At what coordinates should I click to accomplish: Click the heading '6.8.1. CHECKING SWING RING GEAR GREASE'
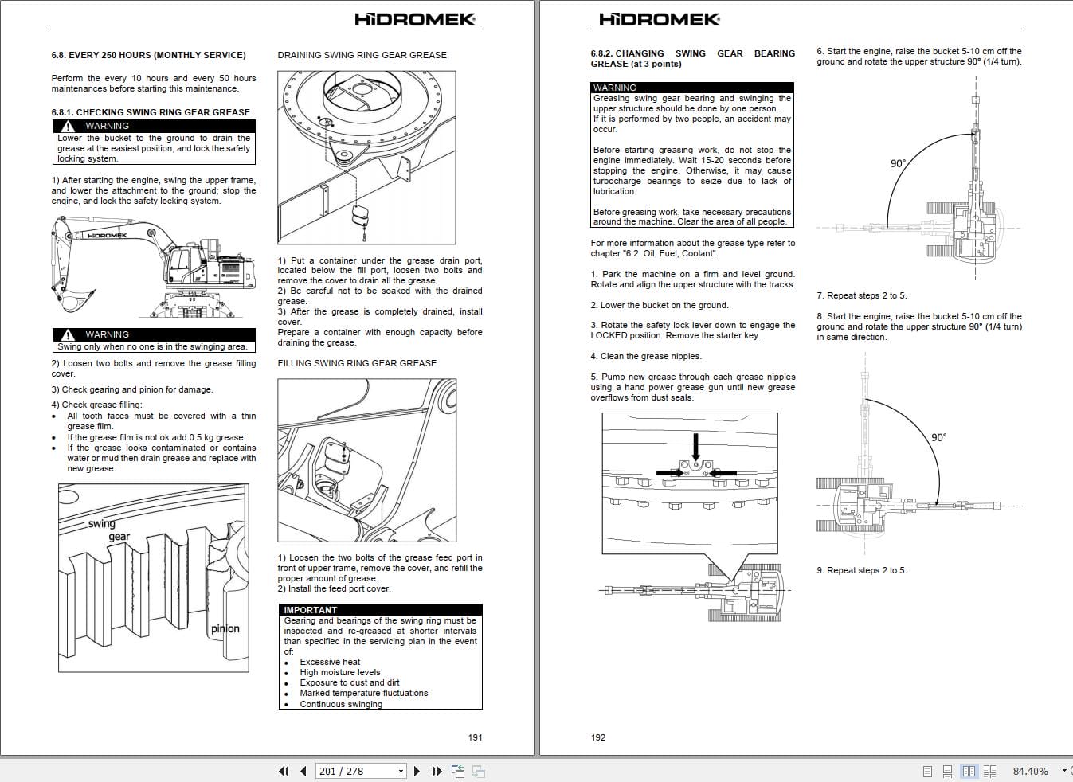(151, 112)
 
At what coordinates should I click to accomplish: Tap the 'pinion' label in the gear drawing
(225, 628)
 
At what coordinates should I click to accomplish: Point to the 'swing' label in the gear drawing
(102, 523)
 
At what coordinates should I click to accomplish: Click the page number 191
(475, 737)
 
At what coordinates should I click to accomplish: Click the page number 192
(598, 737)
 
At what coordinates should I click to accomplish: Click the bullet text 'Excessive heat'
(330, 662)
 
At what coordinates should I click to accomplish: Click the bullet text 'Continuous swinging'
(341, 704)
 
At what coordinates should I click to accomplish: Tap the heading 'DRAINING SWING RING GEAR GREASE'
(362, 55)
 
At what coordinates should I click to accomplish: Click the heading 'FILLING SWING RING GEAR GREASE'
(357, 363)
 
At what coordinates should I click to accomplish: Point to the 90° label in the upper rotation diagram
(898, 164)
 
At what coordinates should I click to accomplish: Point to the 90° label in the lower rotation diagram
(938, 437)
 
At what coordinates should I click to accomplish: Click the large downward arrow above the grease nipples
(696, 447)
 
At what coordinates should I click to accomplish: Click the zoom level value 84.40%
(1030, 771)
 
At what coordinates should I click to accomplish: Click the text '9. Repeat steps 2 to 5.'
(861, 570)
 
